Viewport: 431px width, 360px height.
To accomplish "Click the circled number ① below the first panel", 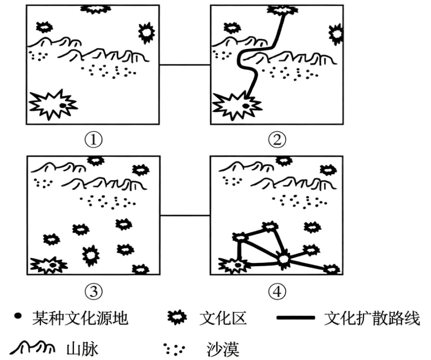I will click(x=93, y=139).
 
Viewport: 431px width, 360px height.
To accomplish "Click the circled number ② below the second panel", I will click(x=277, y=139).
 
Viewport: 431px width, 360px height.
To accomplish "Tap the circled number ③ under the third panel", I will click(x=93, y=292).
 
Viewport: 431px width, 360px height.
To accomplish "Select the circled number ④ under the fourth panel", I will click(x=277, y=292).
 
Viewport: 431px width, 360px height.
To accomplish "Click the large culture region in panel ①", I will click(x=52, y=104).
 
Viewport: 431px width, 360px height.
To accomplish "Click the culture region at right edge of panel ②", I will click(x=336, y=34).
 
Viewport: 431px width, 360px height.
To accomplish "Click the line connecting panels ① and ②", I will click(x=184, y=64).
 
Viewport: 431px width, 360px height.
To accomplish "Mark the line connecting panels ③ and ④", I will click(x=184, y=216).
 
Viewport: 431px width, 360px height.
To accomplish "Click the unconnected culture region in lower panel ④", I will click(x=312, y=228).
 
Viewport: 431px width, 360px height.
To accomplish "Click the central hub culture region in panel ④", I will click(x=284, y=258).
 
